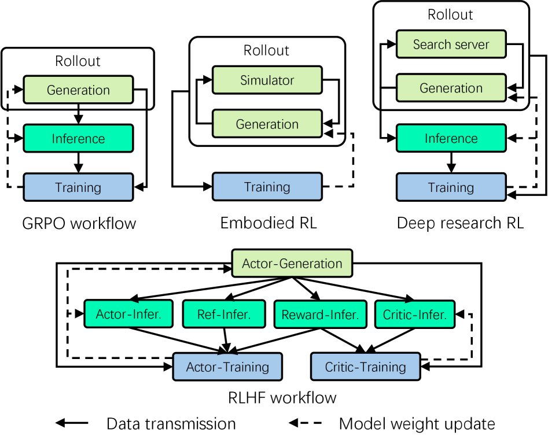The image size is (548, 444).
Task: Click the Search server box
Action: tap(451, 44)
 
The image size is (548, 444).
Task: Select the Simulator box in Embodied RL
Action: tap(267, 80)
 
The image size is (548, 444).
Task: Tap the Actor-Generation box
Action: tap(292, 263)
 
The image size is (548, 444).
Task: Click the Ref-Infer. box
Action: tap(224, 314)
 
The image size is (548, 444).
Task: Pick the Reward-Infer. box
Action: tap(321, 314)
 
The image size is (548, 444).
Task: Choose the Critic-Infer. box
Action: tap(415, 314)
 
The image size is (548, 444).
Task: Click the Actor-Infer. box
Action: tap(128, 314)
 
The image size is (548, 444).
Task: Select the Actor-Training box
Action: tap(227, 367)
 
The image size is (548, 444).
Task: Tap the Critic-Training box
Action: tap(366, 367)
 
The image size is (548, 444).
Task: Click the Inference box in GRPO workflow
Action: tap(78, 138)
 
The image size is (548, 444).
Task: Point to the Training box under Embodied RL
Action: tap(267, 186)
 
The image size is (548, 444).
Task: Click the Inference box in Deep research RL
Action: tap(451, 138)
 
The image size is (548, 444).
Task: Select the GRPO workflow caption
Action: tap(79, 223)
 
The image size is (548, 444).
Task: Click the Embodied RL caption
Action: tap(269, 223)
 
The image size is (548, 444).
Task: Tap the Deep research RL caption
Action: tap(460, 223)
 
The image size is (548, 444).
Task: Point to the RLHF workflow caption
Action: tap(282, 398)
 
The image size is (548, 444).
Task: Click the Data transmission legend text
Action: tap(171, 424)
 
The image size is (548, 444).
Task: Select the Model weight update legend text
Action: tap(417, 424)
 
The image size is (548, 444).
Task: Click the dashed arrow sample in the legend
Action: tap(305, 423)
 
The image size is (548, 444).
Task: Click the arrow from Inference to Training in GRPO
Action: tap(78, 162)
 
